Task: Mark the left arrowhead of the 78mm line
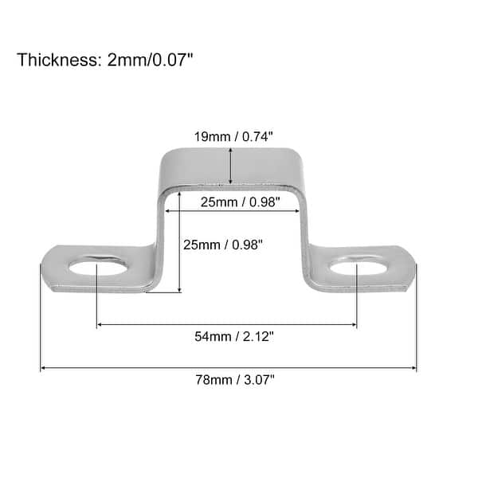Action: pos(43,368)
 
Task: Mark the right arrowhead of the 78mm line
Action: pos(413,368)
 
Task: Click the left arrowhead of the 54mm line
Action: pos(100,325)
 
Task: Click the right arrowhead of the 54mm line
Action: pos(354,325)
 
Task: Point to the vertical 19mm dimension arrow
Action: pos(230,167)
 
